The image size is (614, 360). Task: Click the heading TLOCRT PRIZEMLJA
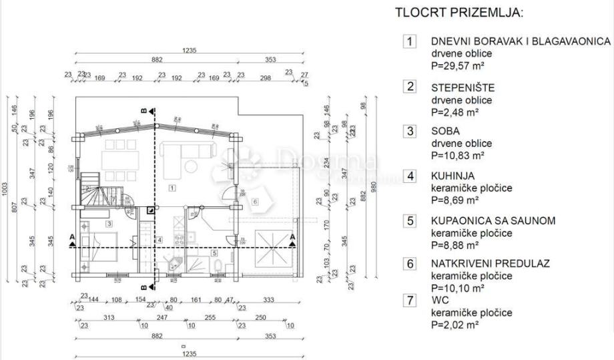point(459,13)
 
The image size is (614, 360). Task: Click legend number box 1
point(410,41)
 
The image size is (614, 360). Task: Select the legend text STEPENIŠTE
point(463,87)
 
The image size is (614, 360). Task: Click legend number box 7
point(410,301)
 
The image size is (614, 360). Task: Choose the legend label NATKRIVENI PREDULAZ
point(491,263)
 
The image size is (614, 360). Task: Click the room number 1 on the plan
point(172,188)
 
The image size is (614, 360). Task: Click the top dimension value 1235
point(191,50)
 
